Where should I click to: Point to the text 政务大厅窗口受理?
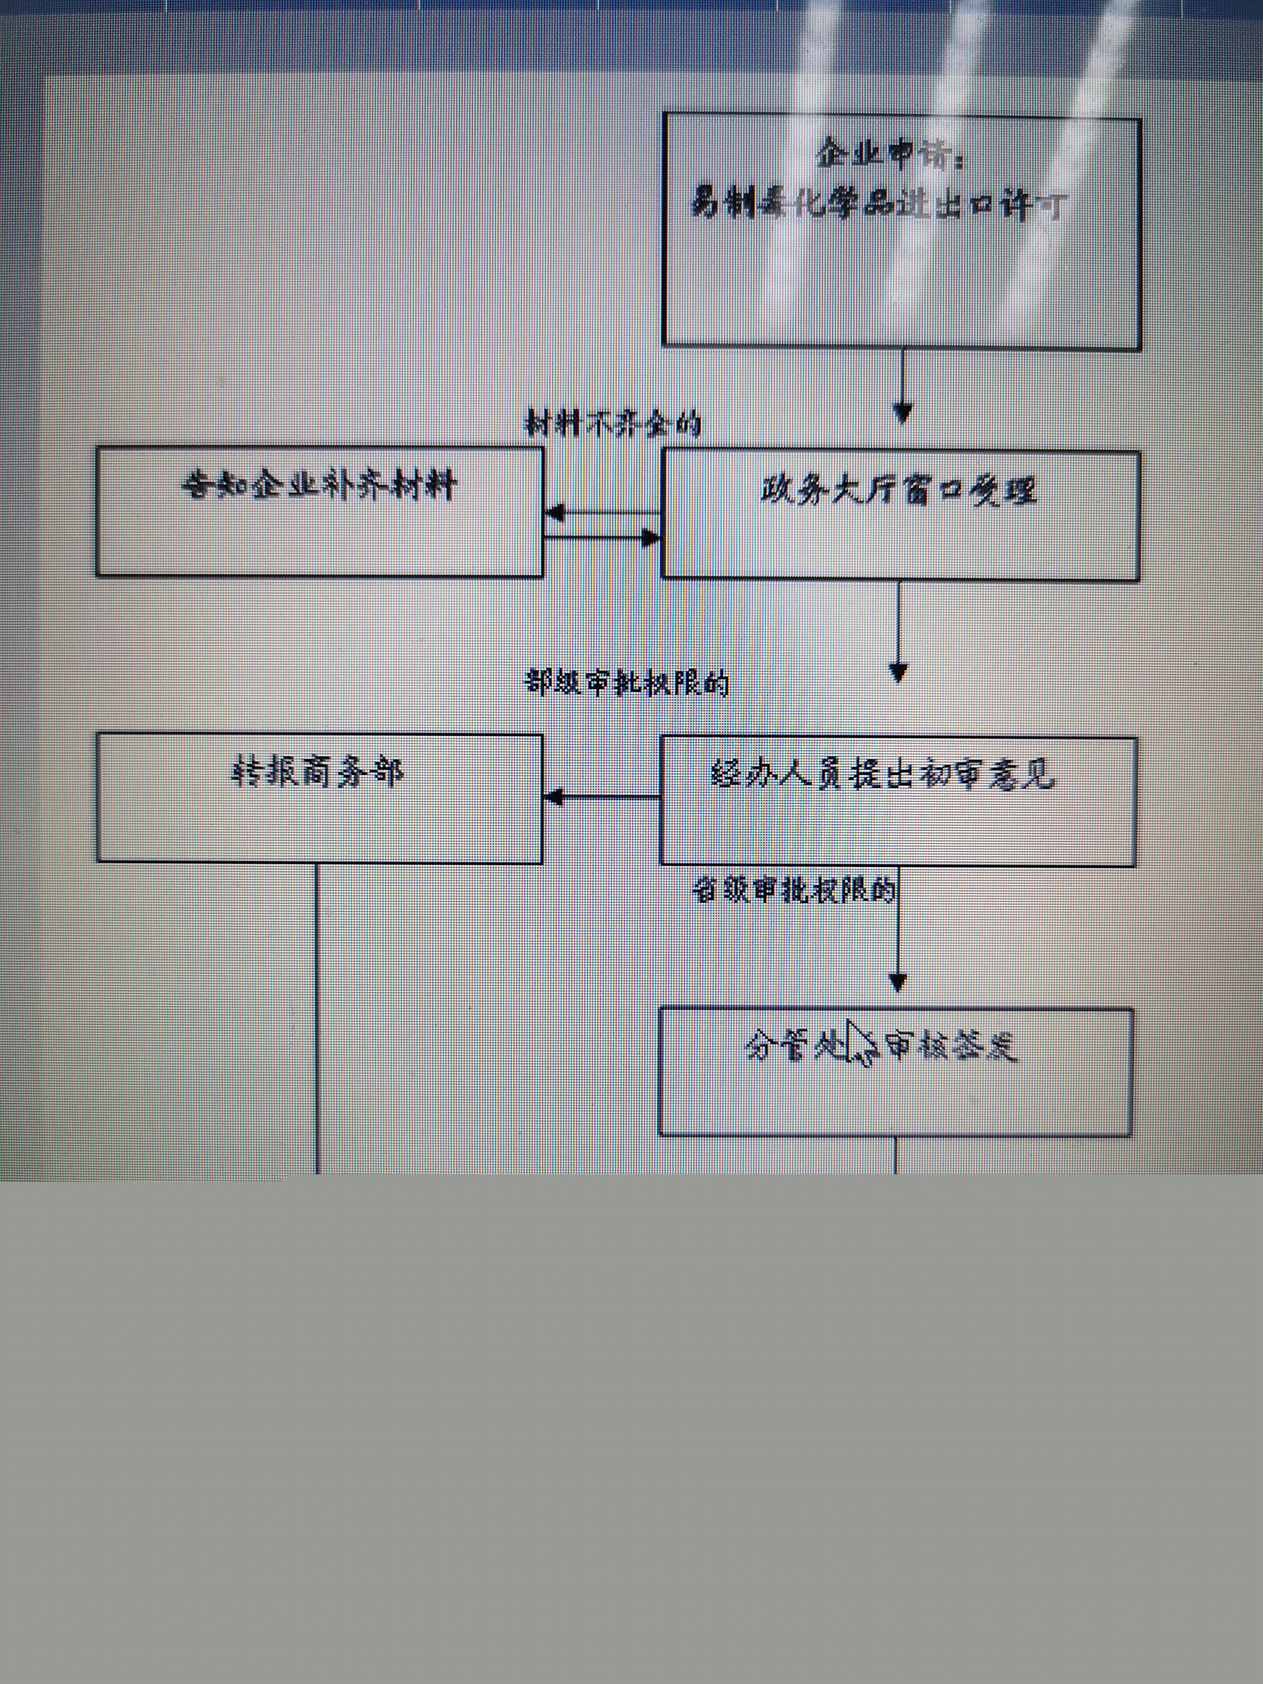click(898, 491)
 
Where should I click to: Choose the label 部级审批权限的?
click(628, 682)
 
